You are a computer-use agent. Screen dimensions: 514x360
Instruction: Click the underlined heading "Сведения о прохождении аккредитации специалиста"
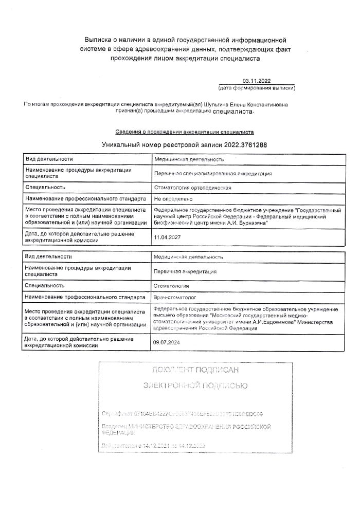click(x=184, y=132)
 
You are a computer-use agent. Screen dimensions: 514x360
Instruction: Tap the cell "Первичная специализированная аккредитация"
click(x=213, y=173)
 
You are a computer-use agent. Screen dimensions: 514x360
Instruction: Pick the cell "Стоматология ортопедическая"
click(x=192, y=188)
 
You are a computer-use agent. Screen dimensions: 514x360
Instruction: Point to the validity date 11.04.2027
click(x=167, y=237)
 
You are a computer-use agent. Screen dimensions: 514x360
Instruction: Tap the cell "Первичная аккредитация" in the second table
click(x=185, y=271)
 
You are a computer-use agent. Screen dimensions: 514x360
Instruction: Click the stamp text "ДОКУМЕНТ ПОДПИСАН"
click(x=195, y=370)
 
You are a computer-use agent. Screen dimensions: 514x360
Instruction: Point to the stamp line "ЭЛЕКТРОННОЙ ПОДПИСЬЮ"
click(x=195, y=385)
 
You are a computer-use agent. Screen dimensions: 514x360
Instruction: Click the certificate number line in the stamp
click(x=183, y=413)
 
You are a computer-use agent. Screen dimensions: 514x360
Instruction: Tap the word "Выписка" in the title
click(x=98, y=40)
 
